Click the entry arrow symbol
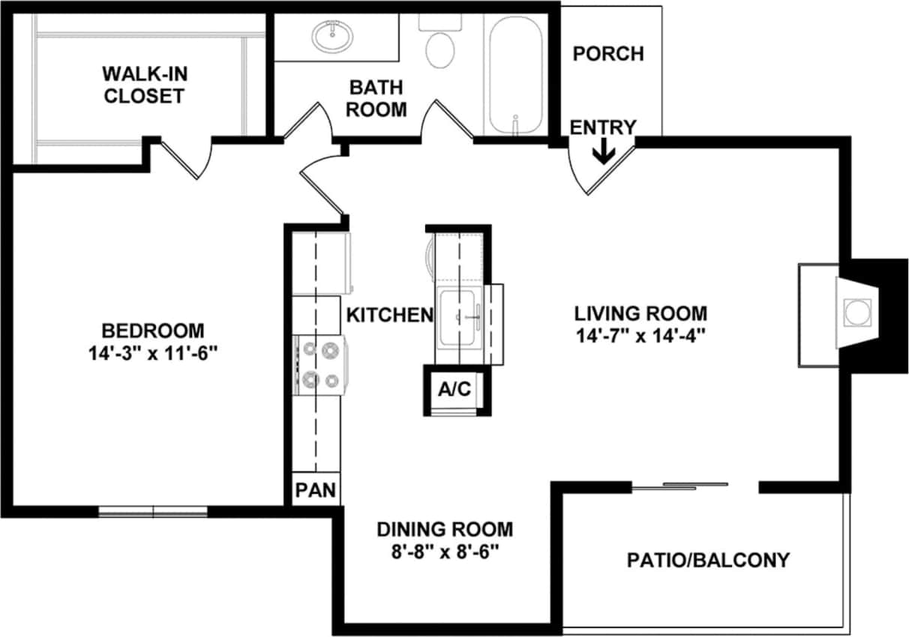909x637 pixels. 603,153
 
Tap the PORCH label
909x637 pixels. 608,54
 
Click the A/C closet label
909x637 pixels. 454,390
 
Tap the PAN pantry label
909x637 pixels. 315,491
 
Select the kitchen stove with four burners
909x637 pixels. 321,365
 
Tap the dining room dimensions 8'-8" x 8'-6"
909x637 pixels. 445,552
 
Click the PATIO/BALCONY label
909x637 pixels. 708,560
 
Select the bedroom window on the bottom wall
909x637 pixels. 153,512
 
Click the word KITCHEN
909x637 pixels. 389,316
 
